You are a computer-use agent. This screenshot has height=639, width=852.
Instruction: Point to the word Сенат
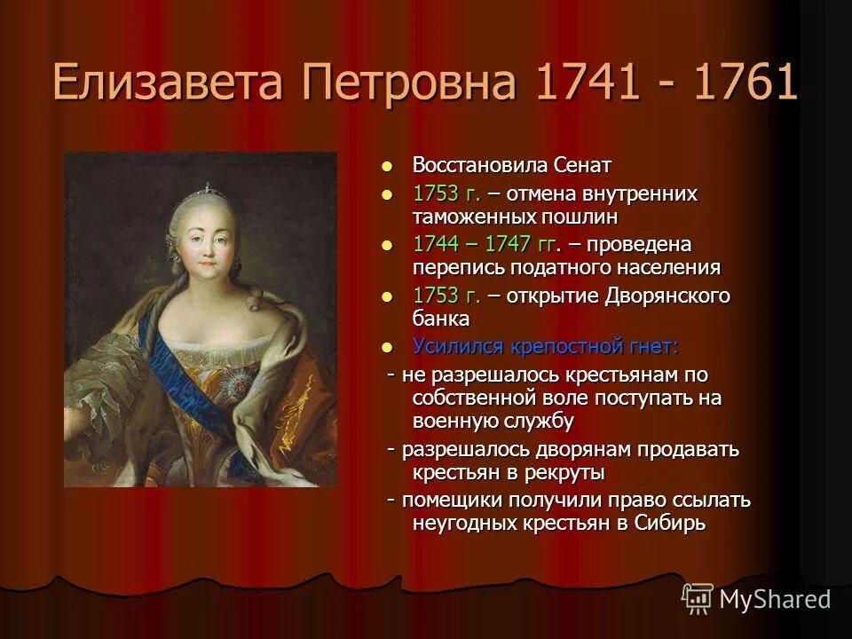point(583,165)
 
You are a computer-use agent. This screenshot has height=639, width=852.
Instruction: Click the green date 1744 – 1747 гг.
point(487,244)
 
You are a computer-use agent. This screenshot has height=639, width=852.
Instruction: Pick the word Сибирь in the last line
point(670,523)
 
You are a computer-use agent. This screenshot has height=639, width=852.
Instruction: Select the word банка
point(441,318)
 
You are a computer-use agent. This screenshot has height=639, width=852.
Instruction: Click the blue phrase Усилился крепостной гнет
point(544,345)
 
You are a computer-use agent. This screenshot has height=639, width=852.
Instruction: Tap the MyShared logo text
point(775,599)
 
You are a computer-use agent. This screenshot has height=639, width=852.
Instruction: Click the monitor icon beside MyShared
point(698,598)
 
